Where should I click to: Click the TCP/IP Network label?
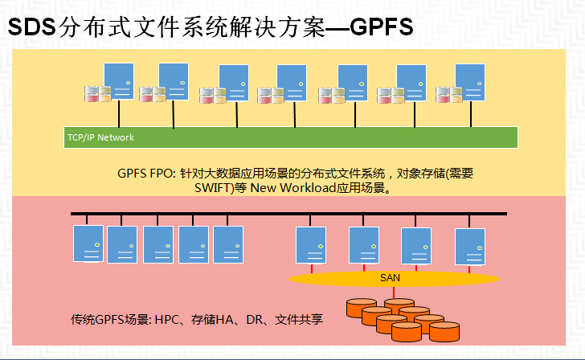pyautogui.click(x=100, y=137)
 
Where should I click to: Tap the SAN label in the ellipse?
pyautogui.click(x=390, y=278)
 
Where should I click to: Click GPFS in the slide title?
pyautogui.click(x=381, y=27)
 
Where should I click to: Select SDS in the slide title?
pyautogui.click(x=31, y=27)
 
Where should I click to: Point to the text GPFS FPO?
pyautogui.click(x=146, y=174)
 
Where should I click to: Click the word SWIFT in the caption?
pyautogui.click(x=212, y=188)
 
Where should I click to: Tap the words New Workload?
pyautogui.click(x=293, y=188)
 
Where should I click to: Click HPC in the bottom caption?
pyautogui.click(x=167, y=320)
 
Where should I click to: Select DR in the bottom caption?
pyautogui.click(x=255, y=320)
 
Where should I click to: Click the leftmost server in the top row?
pyautogui.click(x=119, y=81)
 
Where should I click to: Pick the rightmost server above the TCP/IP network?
pyautogui.click(x=470, y=83)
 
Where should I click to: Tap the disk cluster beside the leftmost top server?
pyautogui.click(x=98, y=94)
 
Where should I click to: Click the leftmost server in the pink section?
pyautogui.click(x=88, y=243)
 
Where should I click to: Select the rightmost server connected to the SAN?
pyautogui.click(x=470, y=247)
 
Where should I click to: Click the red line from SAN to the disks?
pyautogui.click(x=393, y=292)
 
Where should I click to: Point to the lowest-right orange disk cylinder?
pyautogui.click(x=444, y=332)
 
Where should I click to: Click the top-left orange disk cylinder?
pyautogui.click(x=362, y=308)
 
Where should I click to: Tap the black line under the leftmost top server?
pyautogui.click(x=119, y=114)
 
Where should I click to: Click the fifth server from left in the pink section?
pyautogui.click(x=228, y=244)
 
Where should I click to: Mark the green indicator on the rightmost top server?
pyautogui.click(x=480, y=84)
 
